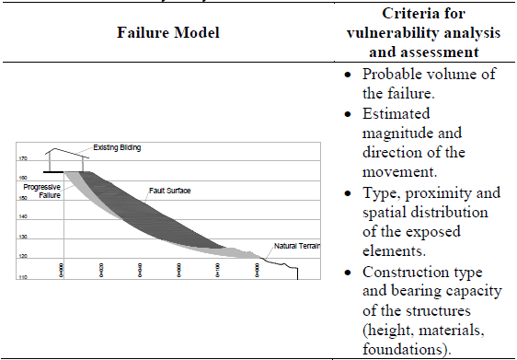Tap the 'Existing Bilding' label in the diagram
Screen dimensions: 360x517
117,147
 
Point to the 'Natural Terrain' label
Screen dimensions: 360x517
293,246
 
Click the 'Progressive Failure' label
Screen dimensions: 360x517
40,191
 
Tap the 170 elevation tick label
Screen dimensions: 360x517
22,158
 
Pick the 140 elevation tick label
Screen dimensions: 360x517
22,217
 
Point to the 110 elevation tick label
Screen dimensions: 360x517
22,276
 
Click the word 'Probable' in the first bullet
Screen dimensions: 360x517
393,75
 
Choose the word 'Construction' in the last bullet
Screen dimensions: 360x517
408,273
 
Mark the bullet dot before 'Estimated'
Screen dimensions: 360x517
349,115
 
